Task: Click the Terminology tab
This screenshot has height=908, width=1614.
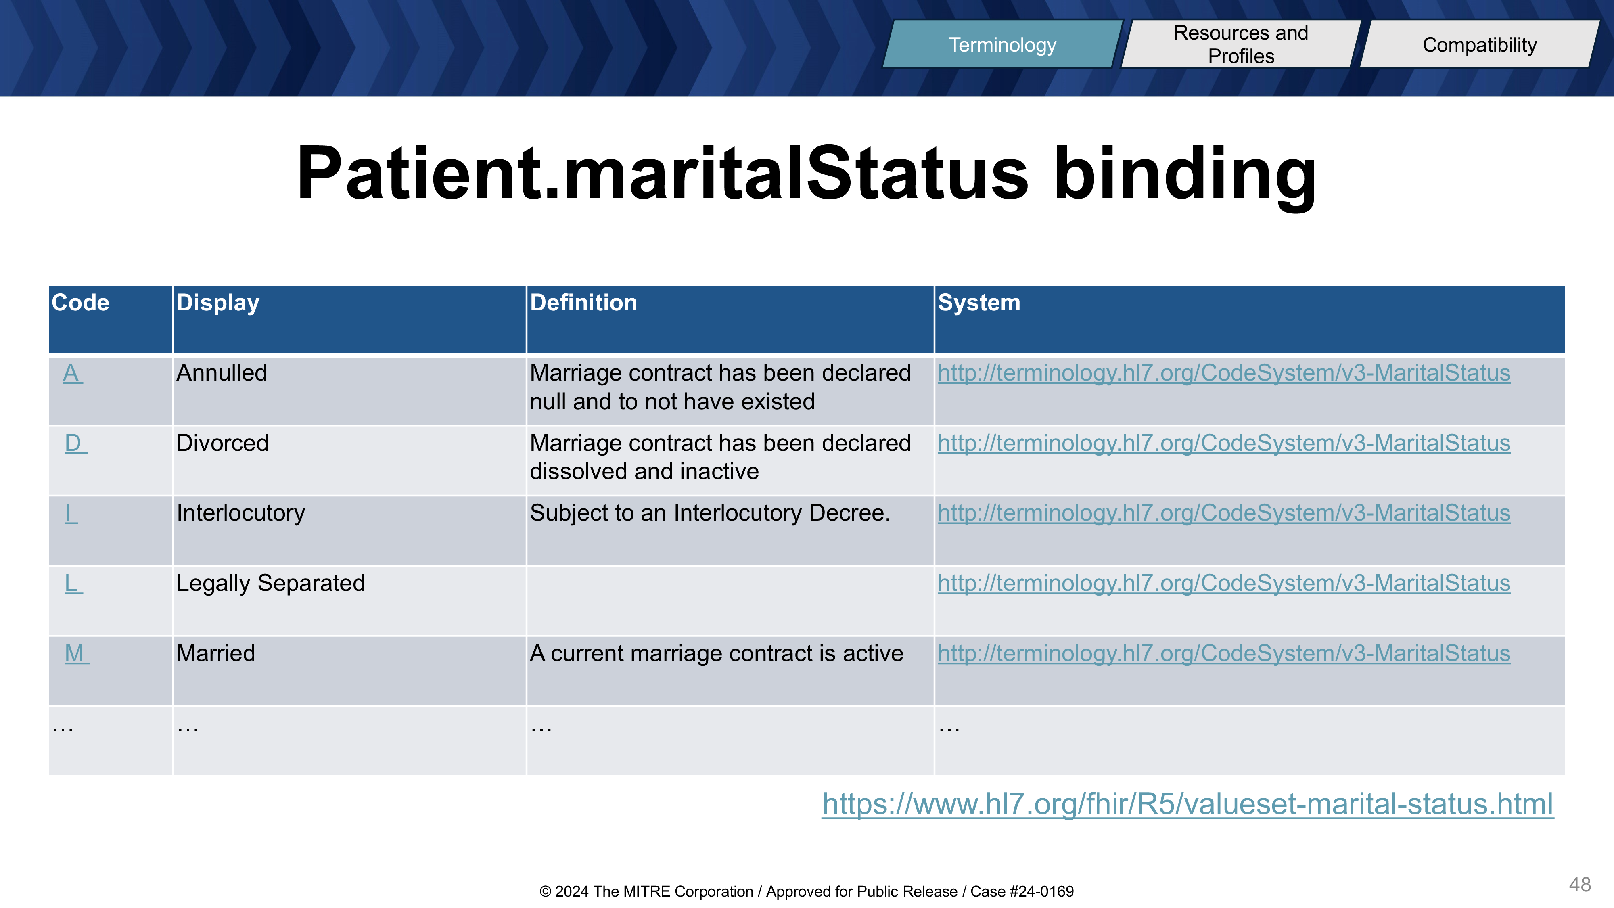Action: [x=1002, y=44]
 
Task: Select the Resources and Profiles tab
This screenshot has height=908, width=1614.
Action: [x=1241, y=44]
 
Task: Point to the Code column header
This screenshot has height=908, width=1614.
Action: [x=80, y=303]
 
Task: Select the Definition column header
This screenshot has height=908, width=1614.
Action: [x=583, y=303]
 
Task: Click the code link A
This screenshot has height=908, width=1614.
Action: [x=72, y=373]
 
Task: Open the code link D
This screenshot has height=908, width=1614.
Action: [x=75, y=443]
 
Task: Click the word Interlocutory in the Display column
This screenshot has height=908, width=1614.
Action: [x=240, y=513]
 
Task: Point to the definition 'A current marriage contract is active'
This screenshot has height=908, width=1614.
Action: [x=716, y=654]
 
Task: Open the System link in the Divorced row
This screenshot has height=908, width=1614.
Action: [x=1224, y=443]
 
